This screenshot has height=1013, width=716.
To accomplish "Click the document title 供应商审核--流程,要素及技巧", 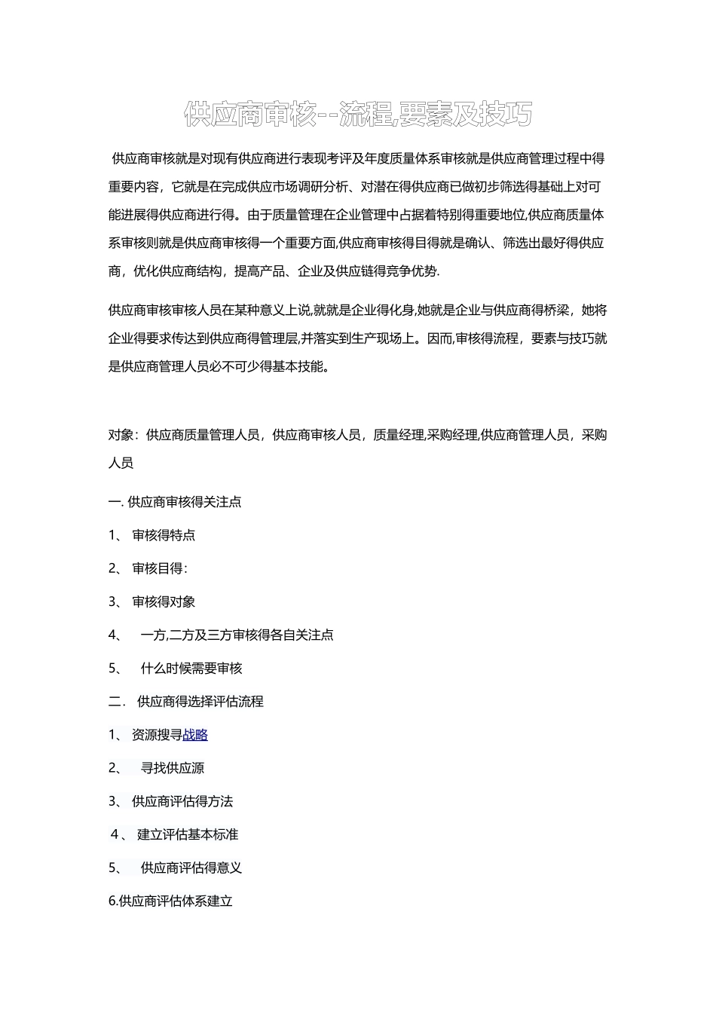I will (x=358, y=115).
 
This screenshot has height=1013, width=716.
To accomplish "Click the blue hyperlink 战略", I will (x=195, y=735).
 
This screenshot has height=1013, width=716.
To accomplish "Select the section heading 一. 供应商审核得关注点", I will (x=175, y=502).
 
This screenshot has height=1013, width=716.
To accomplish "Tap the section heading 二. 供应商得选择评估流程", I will (x=185, y=702).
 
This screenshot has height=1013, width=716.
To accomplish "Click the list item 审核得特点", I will (x=164, y=535).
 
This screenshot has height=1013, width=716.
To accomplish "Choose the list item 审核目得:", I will (x=160, y=568).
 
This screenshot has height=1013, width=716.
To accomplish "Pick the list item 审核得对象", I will (x=164, y=601).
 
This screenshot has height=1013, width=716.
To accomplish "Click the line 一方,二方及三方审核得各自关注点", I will (x=237, y=635).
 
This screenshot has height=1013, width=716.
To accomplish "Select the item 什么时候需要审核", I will (x=191, y=669).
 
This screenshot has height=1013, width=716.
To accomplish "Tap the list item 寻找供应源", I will (x=173, y=768).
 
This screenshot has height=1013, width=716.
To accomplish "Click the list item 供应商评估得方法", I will (x=182, y=801).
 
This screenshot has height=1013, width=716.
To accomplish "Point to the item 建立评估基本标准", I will (x=188, y=834).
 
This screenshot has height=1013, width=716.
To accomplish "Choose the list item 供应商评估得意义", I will (x=191, y=868).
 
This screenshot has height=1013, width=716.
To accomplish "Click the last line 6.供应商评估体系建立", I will (x=171, y=901).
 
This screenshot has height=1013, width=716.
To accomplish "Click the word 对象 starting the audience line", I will (x=121, y=435).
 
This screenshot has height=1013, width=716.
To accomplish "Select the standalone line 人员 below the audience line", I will (x=121, y=464).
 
